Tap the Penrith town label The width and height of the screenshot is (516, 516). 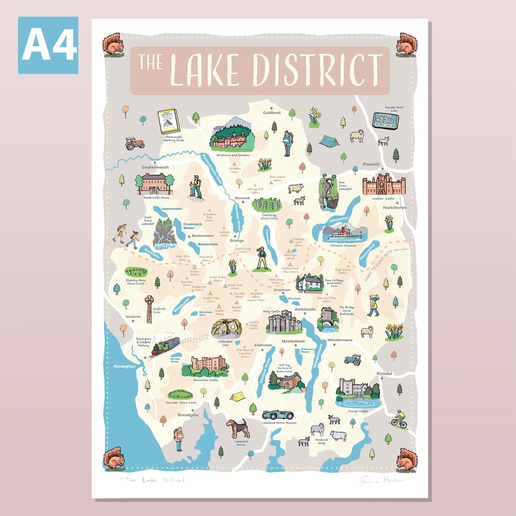(371, 165)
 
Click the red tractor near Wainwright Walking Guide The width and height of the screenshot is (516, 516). (135, 143)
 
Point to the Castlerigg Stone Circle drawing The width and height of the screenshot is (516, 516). (267, 205)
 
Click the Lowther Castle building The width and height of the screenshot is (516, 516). (384, 185)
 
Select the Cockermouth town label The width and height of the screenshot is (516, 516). (155, 167)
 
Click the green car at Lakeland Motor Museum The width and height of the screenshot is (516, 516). (278, 414)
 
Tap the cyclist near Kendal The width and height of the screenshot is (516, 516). (399, 419)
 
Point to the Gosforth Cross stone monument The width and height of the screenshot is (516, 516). (149, 307)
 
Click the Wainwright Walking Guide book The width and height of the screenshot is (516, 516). (169, 121)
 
